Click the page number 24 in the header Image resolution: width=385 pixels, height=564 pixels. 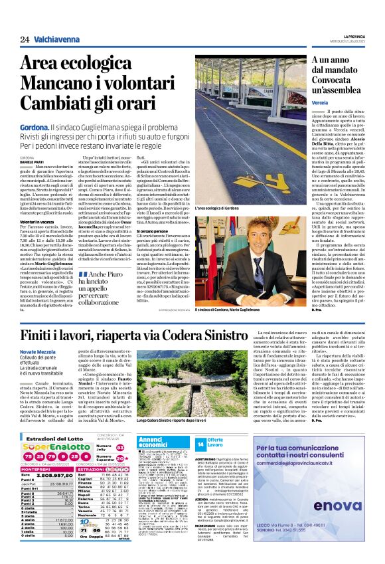point(25,40)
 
